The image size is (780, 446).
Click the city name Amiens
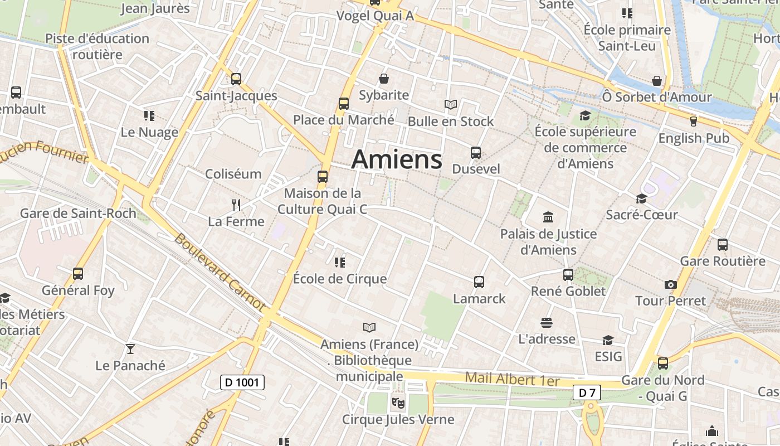397,159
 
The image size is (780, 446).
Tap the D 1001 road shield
242,382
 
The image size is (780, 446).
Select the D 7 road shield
587,393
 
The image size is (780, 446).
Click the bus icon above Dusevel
475,153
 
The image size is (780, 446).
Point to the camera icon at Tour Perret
671,285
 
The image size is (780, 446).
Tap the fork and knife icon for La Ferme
236,205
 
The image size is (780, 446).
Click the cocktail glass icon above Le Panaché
130,349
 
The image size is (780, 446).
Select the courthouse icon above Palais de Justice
548,217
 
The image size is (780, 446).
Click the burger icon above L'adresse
546,323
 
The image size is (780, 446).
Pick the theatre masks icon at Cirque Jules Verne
398,401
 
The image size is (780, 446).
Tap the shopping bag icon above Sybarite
383,79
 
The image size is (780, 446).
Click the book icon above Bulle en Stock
450,104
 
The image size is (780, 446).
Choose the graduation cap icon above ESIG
608,340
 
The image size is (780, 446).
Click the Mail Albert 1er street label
511,379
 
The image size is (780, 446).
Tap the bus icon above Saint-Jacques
236,79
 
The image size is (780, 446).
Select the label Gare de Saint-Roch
78,214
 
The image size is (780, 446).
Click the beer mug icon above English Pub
693,121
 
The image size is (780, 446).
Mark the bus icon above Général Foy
78,274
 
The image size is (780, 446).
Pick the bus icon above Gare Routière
723,245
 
